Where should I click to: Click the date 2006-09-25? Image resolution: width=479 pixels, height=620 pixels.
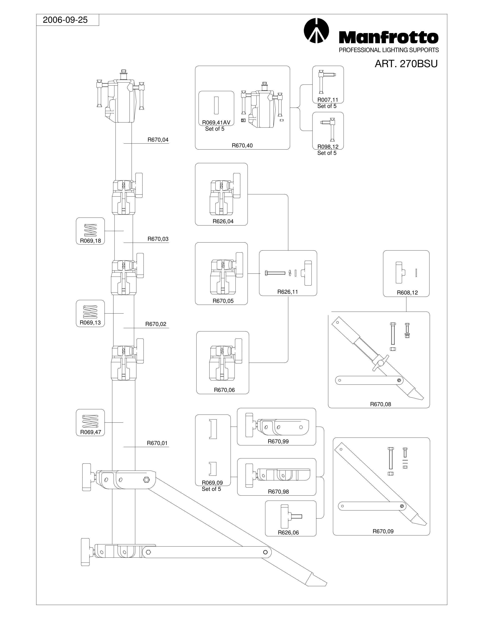point(65,20)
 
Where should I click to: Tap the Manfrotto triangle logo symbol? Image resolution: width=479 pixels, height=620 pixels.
point(316,31)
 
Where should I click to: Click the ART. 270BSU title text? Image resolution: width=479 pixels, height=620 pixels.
point(406,64)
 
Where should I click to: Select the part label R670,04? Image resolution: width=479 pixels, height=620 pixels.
point(158,140)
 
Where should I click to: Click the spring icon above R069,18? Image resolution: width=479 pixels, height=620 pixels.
point(91,230)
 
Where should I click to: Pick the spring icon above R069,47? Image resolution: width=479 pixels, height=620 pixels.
point(91,421)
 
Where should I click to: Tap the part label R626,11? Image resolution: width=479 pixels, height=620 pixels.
point(287,292)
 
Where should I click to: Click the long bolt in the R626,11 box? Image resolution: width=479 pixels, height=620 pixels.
point(275,273)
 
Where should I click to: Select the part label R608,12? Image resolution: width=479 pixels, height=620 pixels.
point(407,293)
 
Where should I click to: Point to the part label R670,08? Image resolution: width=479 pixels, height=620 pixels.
point(380,404)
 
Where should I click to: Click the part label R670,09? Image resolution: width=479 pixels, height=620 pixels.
point(383,531)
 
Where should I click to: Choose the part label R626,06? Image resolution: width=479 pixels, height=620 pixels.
point(288,533)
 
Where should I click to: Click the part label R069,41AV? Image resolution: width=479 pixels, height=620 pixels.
point(216,123)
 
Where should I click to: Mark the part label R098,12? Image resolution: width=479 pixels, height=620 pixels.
point(328,147)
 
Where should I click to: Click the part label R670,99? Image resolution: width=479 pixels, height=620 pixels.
point(278,441)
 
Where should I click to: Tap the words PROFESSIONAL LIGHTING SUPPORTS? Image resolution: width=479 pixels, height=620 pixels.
point(389,50)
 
